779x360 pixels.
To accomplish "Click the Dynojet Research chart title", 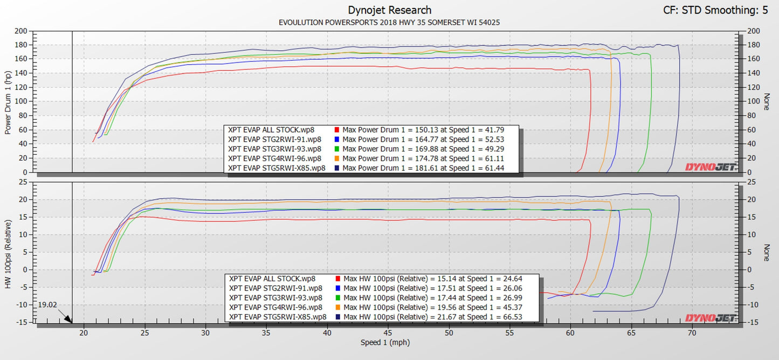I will tap(389, 10).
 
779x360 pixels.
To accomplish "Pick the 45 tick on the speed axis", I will tap(388, 333).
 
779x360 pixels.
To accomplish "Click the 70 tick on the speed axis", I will tap(692, 333).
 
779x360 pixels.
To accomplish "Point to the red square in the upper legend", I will tap(336, 130).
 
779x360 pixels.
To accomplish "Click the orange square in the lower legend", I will tap(337, 307).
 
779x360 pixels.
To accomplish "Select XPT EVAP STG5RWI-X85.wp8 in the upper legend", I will tap(277, 168).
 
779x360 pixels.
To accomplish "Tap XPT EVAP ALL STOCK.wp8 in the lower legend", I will tap(272, 279).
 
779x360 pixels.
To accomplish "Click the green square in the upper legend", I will tap(336, 149).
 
